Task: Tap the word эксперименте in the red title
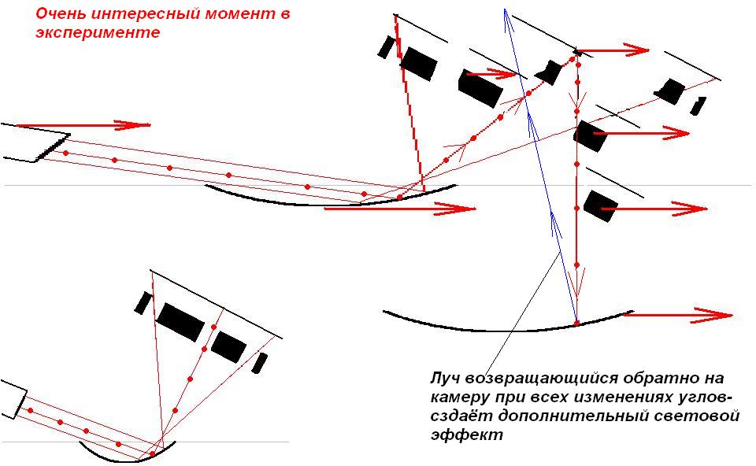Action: [x=98, y=32]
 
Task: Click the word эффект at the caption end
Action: [x=467, y=435]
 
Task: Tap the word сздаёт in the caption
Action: [x=462, y=416]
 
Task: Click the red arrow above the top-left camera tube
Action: [x=83, y=125]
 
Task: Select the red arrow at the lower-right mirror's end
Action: [x=678, y=315]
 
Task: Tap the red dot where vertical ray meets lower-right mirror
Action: [x=576, y=323]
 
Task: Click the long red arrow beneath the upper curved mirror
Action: [x=400, y=209]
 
